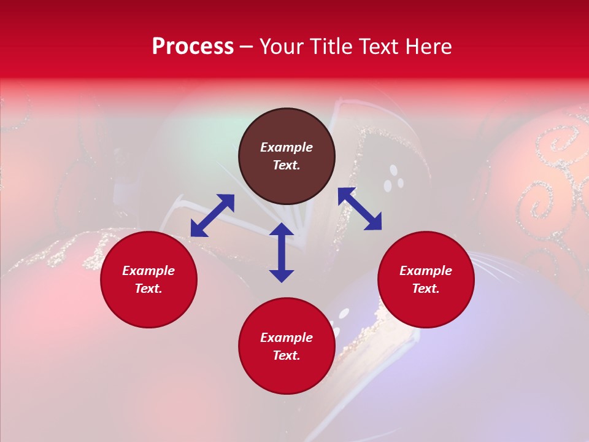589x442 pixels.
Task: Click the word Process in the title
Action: point(193,47)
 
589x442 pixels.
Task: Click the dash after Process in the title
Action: point(247,47)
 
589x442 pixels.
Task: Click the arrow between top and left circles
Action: point(212,215)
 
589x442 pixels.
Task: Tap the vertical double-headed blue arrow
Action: point(282,252)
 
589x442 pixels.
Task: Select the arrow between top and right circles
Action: point(360,209)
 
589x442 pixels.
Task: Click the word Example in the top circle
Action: point(287,147)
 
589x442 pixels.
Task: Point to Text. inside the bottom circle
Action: point(287,355)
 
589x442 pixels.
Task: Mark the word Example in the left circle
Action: point(148,271)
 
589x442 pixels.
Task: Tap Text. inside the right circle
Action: point(426,289)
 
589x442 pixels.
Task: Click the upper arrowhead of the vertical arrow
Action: point(282,230)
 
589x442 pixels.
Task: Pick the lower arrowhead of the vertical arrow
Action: point(282,276)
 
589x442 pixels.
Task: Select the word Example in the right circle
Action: point(426,271)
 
